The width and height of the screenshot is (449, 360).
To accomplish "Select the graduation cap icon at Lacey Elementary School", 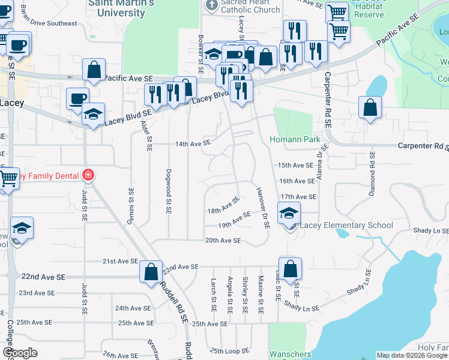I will click(x=289, y=213).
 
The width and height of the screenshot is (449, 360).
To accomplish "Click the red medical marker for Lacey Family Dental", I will click(x=88, y=175).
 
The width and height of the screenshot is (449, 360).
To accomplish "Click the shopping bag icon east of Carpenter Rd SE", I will click(x=370, y=108).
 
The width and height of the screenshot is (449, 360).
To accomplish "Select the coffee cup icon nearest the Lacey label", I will click(x=77, y=99).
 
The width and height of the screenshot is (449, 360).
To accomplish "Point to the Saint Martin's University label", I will click(x=121, y=8).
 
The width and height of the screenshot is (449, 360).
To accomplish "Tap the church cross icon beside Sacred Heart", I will click(x=211, y=5).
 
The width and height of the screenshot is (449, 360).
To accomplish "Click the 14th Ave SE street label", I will click(x=193, y=143).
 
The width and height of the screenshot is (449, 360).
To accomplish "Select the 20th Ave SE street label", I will click(x=223, y=241).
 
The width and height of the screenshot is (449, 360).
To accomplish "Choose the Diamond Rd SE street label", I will click(x=372, y=174).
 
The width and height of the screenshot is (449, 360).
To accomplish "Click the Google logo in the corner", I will click(x=20, y=353).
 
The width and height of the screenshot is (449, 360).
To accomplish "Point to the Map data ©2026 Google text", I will click(x=411, y=355).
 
